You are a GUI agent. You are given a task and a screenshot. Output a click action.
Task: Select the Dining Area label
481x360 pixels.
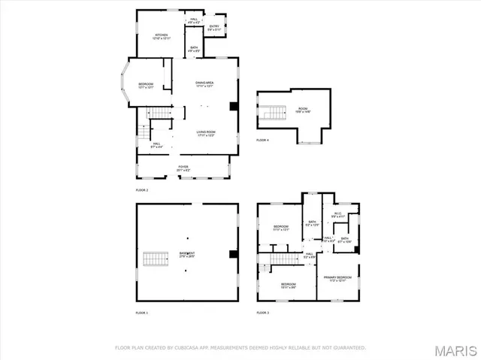click(x=205, y=85)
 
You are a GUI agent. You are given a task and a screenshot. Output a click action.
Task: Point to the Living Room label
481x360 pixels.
click(x=205, y=134)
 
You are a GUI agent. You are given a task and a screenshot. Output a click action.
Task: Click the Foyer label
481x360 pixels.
click(x=183, y=168)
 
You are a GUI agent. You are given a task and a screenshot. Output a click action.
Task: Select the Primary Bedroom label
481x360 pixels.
click(x=337, y=279)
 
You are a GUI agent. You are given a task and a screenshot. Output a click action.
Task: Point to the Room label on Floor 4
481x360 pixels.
click(x=303, y=110)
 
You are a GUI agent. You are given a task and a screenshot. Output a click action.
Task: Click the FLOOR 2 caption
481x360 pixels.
click(x=142, y=190)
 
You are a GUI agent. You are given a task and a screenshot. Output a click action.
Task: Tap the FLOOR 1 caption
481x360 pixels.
click(x=142, y=312)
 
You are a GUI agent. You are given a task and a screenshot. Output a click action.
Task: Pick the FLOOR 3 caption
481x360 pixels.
click(x=262, y=312)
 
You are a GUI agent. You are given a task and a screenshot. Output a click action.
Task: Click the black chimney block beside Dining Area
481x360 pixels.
click(x=234, y=106)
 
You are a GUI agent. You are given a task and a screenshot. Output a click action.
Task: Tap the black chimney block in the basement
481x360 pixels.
click(x=234, y=254)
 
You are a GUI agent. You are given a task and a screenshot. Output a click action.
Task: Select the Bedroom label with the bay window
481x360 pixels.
click(x=146, y=85)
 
